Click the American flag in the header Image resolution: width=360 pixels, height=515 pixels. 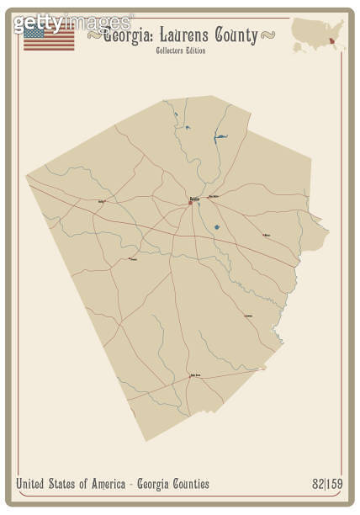49,37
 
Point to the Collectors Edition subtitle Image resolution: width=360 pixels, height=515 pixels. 180,51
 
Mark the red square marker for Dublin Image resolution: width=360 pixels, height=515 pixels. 190,202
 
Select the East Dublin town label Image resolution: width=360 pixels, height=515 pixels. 214,197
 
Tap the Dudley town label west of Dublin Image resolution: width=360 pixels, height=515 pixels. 102,202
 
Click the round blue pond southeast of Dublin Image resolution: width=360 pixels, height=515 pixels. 216,226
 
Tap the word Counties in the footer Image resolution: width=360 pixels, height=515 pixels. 186,484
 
